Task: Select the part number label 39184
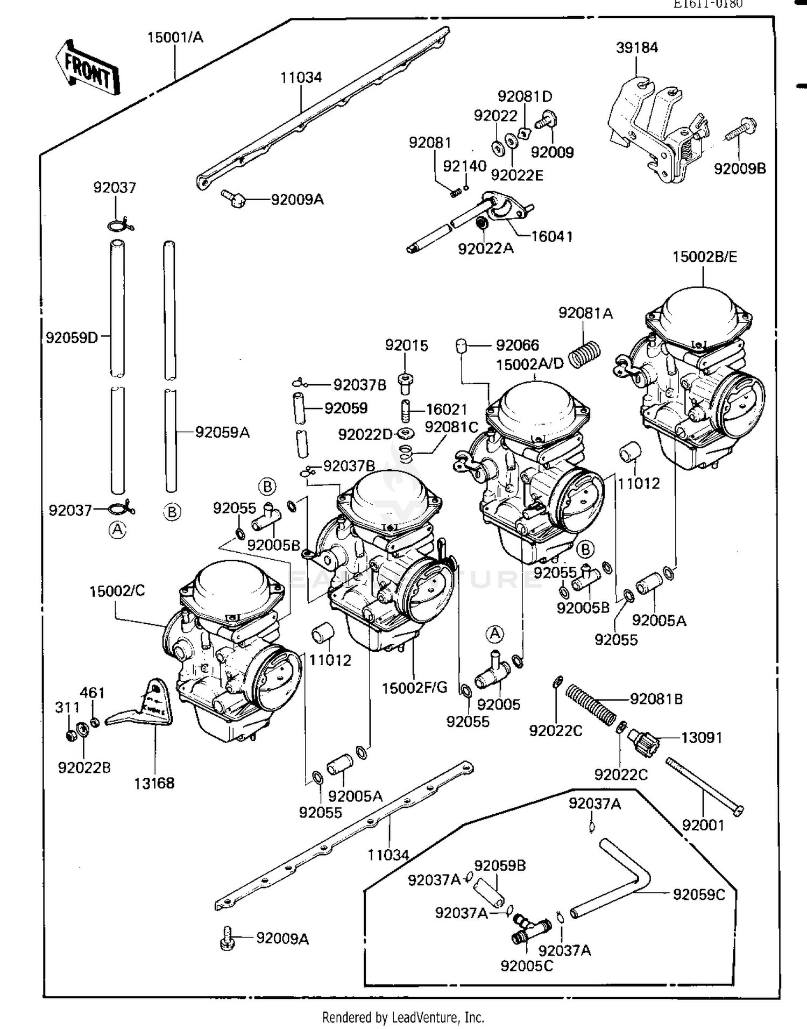point(636,48)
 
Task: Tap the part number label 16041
point(551,236)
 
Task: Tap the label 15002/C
point(117,591)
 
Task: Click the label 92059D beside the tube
point(72,337)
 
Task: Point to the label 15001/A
point(175,38)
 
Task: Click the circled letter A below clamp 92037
point(117,530)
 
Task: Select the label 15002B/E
point(704,257)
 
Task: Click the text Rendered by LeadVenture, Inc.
point(403,1017)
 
